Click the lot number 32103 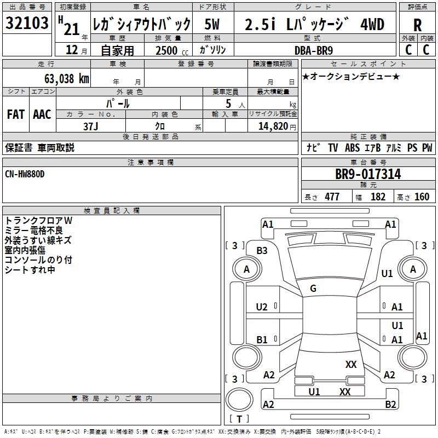click(27, 23)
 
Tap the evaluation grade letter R click(418, 25)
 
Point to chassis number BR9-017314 click(368, 174)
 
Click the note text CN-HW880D click(25, 174)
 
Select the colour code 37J click(91, 126)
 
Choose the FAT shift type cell click(15, 114)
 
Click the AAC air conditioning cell click(42, 114)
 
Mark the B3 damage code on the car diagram click(262, 251)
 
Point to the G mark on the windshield click(313, 289)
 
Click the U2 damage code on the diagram click(262, 307)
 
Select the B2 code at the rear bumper click(390, 405)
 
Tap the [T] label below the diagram click(239, 419)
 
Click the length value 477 click(331, 197)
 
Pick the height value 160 click(422, 197)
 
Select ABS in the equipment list click(353, 148)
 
